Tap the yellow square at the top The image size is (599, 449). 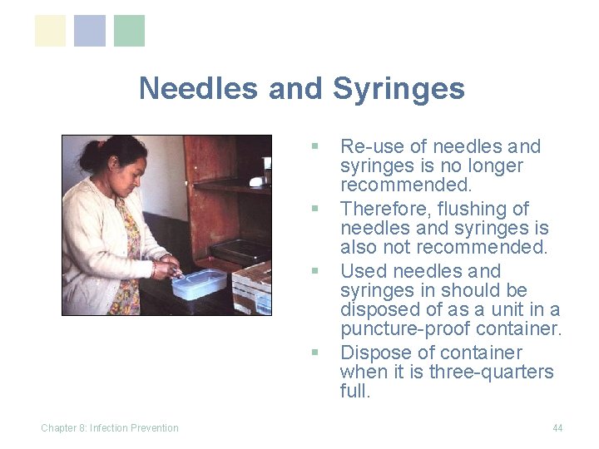pos(50,31)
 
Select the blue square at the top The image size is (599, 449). pos(90,31)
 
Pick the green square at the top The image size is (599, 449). pos(129,31)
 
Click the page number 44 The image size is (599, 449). pos(557,428)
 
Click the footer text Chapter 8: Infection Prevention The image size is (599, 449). pos(110,428)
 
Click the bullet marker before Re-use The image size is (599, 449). pos(314,146)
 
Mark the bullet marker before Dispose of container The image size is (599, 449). pos(314,353)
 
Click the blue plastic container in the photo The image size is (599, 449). pos(199,284)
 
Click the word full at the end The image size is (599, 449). pos(355,391)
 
